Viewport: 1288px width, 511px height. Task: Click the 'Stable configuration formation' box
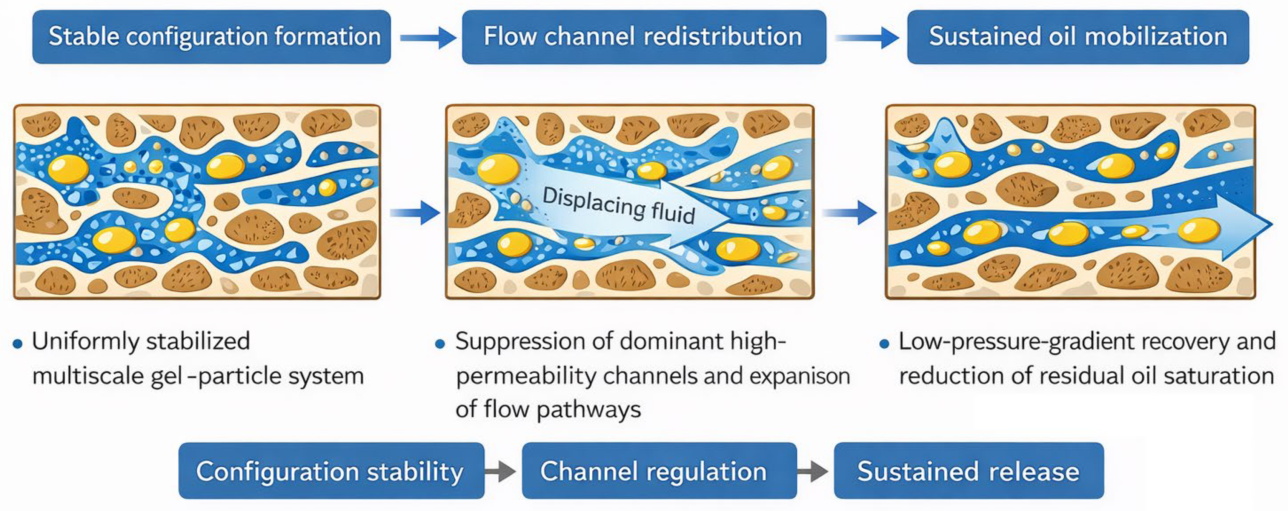click(212, 37)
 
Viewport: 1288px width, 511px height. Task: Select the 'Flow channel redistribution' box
click(644, 37)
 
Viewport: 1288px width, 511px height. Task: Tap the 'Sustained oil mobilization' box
click(1078, 37)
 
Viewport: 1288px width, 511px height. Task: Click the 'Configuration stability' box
click(331, 471)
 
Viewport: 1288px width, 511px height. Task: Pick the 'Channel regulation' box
click(659, 471)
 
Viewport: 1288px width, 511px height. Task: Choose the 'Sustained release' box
click(968, 471)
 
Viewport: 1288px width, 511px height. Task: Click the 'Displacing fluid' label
click(619, 205)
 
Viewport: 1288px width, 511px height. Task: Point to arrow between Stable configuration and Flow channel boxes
click(427, 37)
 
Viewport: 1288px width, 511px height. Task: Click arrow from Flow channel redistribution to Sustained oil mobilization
click(867, 37)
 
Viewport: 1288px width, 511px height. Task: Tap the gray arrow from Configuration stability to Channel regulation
click(501, 471)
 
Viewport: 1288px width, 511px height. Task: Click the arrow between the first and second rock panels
click(415, 213)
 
